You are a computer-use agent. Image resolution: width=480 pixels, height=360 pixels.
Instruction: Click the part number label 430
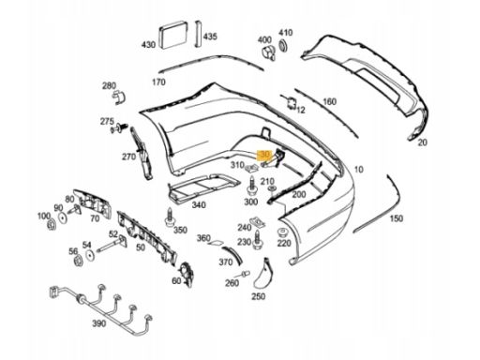click(148, 45)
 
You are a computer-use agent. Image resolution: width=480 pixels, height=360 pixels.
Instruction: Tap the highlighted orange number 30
click(264, 155)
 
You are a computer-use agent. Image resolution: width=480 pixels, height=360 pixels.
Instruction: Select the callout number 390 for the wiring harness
click(99, 324)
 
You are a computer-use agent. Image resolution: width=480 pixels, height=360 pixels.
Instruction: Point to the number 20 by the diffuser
click(422, 142)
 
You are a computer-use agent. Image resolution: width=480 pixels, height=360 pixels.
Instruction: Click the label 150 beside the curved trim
click(396, 218)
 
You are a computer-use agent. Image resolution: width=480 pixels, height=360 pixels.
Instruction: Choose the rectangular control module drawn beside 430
click(173, 35)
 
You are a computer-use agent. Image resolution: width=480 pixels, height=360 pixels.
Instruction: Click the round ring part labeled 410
click(282, 45)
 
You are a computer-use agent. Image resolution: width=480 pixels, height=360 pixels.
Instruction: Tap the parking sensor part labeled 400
click(269, 52)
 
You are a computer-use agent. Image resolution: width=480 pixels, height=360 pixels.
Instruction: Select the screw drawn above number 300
click(251, 187)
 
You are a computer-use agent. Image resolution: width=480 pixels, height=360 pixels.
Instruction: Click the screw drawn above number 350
click(169, 217)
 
